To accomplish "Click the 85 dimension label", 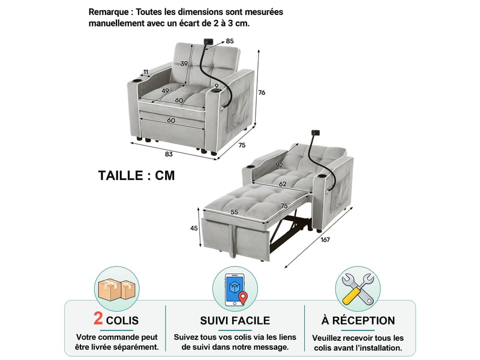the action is coord(230,41).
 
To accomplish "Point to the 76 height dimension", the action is coord(262,92).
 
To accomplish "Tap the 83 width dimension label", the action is coord(169,154).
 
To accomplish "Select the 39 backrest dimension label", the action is coord(184,64).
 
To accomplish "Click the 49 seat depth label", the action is coord(166,91).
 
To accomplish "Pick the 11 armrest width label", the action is coord(146,72).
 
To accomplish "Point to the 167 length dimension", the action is coord(325,239).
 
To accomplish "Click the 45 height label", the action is coord(194,228).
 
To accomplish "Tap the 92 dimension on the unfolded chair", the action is coord(279,165).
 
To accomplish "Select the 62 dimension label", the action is coord(283,184).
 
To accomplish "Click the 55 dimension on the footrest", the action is coord(235,212).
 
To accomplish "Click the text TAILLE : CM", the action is coord(137,176).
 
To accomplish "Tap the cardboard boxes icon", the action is coord(116,289).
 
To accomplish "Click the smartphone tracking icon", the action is coord(235,290).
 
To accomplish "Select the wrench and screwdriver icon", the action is coord(358,289).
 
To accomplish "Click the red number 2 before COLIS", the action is coord(98,319).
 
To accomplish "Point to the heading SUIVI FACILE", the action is coord(235,320).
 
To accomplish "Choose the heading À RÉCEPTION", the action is coord(358,320).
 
